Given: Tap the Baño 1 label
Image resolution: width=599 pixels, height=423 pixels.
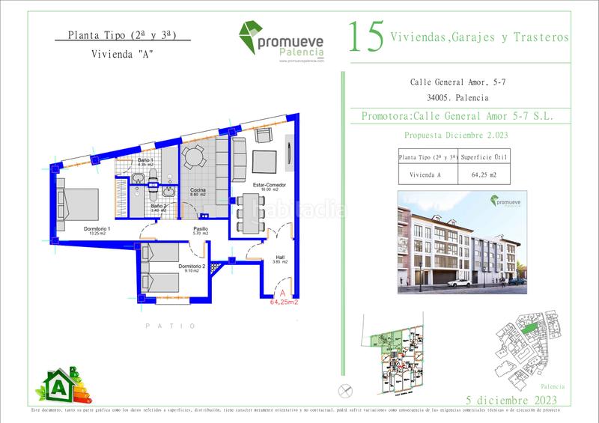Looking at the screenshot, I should (146, 162).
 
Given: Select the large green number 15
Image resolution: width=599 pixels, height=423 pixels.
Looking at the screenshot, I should (367, 37).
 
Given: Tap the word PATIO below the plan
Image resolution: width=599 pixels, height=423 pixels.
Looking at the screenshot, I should (170, 326).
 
